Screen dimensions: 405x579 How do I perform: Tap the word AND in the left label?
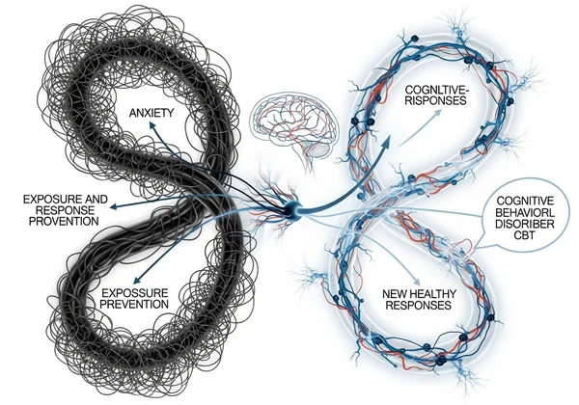[x=99, y=199]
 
